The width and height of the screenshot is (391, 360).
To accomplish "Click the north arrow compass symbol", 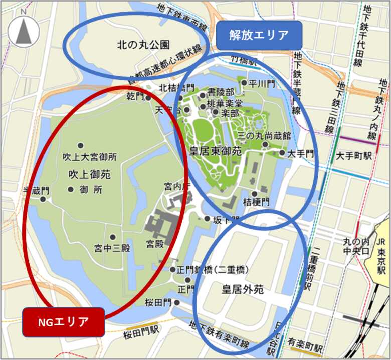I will [x=24, y=32].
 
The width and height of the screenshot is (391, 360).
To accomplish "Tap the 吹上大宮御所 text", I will [x=90, y=157].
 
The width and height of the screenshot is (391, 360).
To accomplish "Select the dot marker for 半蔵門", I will [x=43, y=199].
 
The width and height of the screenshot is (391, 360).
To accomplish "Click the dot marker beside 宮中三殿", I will [x=113, y=237].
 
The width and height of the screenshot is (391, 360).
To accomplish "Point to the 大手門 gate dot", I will [x=282, y=152].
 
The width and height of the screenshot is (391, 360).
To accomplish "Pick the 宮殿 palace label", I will [x=155, y=244].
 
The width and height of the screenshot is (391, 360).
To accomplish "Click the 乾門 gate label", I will [x=135, y=95].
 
